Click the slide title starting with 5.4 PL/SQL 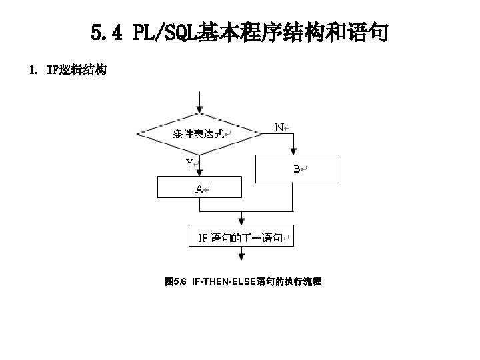(x=239, y=31)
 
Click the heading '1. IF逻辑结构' (x=69, y=70)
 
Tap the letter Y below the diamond (x=190, y=163)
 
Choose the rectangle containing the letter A (x=198, y=188)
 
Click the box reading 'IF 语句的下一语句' (x=241, y=237)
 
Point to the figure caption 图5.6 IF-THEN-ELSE (x=243, y=283)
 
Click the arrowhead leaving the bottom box (x=241, y=257)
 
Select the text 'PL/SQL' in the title (x=163, y=31)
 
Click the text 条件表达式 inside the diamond (x=198, y=133)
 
